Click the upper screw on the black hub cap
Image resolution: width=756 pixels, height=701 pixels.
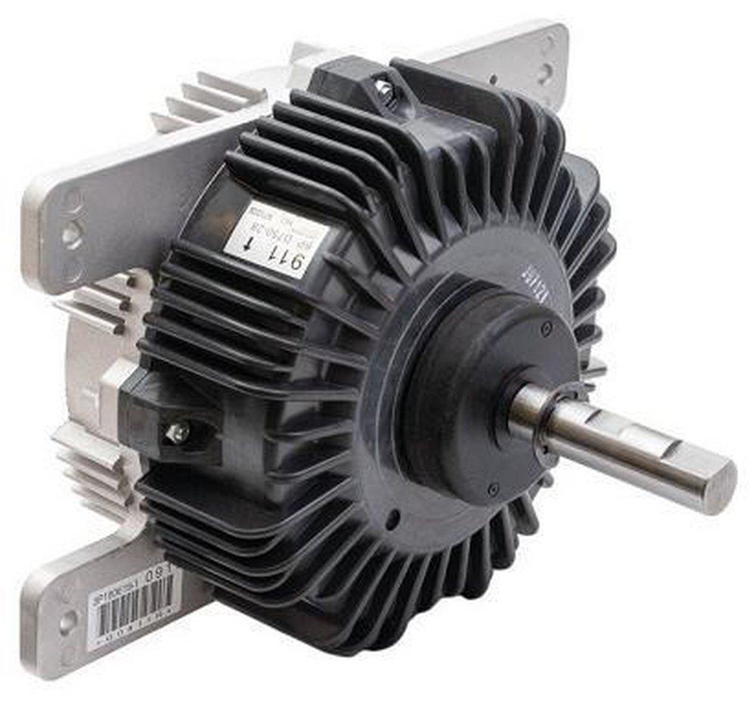[x=546, y=327]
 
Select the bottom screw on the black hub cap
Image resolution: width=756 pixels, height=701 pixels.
[x=493, y=489]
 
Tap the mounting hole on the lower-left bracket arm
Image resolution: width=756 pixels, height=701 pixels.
[x=67, y=622]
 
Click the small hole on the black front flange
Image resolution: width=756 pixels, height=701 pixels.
[x=392, y=521]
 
